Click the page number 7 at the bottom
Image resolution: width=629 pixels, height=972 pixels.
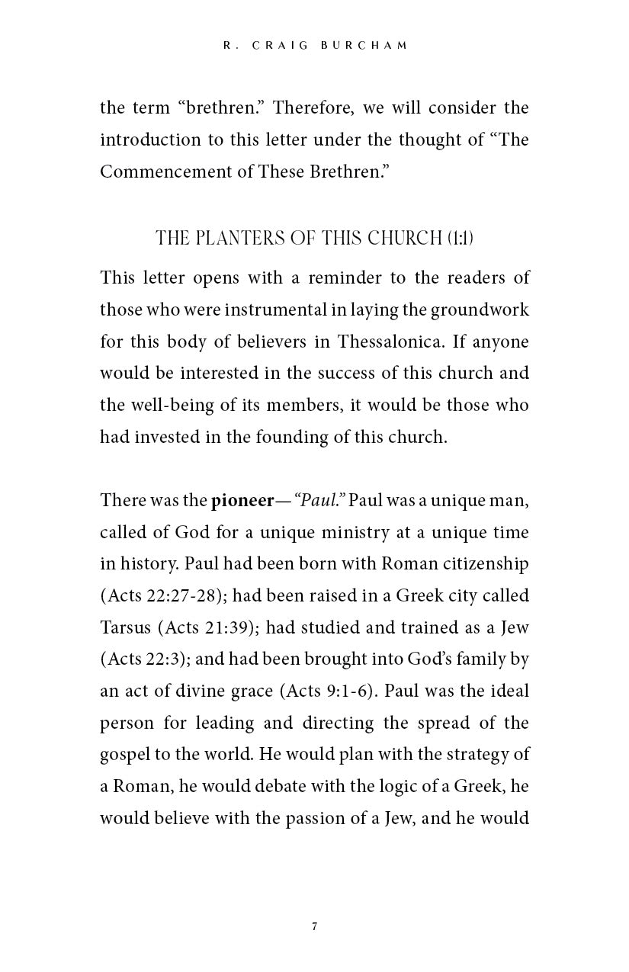314,927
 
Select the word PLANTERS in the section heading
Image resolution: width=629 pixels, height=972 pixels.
236,239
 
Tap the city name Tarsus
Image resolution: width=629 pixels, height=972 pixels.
126,627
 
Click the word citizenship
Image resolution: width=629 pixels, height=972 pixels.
486,564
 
